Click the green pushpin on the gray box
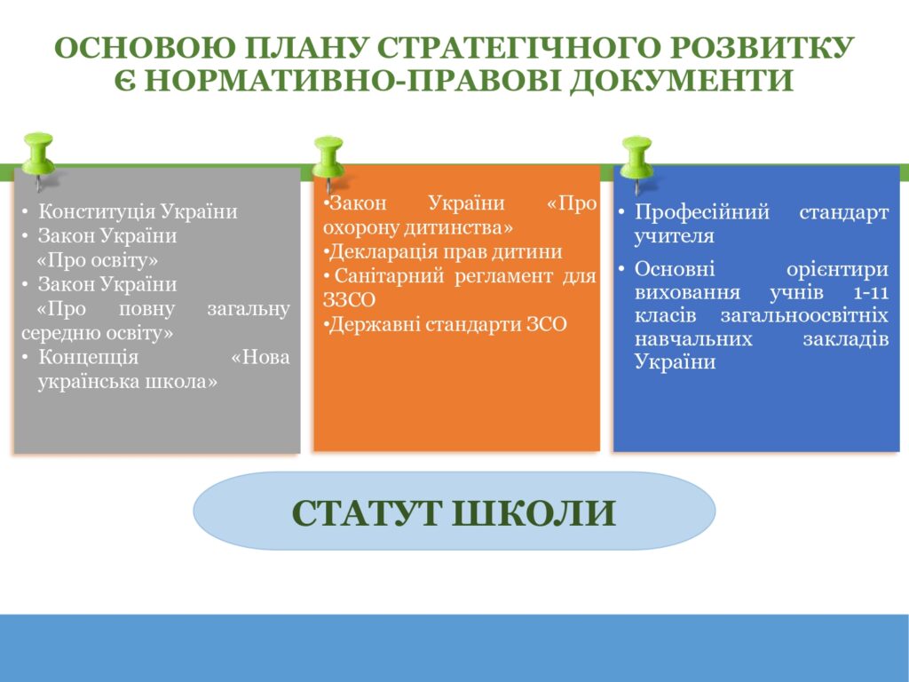38,156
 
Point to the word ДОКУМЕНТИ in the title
681,81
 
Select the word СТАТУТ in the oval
365,512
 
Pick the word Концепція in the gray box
89,357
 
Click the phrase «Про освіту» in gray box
98,260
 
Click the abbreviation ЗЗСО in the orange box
349,300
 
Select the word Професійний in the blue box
702,212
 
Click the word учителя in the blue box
675,236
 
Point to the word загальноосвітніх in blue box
804,315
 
